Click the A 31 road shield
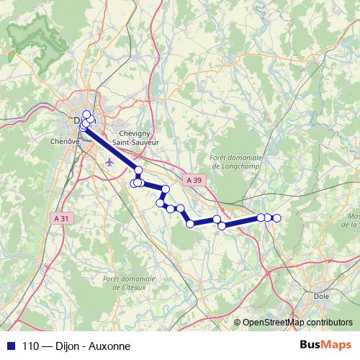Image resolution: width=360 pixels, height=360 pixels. [x=63, y=217]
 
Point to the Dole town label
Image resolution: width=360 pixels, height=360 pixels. [x=322, y=295]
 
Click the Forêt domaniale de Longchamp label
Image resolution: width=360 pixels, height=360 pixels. [x=235, y=162]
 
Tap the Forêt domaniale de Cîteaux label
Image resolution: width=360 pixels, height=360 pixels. [x=130, y=282]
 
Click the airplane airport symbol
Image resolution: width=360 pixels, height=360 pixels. [x=109, y=161]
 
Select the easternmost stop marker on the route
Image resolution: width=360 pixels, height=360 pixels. [x=276, y=217]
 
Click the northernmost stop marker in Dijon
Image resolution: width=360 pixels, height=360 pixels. [x=86, y=114]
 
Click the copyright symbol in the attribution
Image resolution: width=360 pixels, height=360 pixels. [x=238, y=323]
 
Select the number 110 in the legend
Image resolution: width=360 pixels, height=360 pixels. [x=29, y=346]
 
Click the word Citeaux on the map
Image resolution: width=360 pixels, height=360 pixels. [x=130, y=287]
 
